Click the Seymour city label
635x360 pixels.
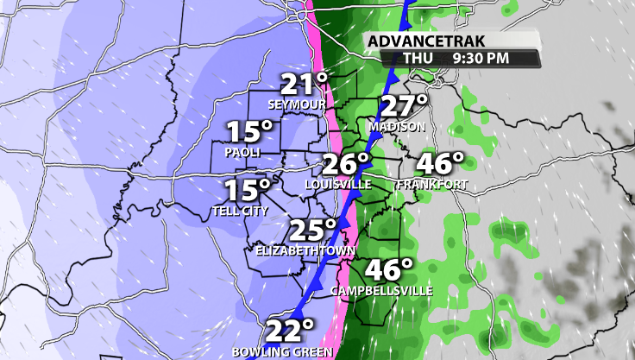click(x=297, y=104)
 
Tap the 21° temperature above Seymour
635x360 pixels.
click(x=304, y=85)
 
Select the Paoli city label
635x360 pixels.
click(x=242, y=152)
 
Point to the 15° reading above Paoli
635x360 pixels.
click(x=249, y=132)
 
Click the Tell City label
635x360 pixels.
click(x=240, y=211)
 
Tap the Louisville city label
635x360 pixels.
click(x=338, y=185)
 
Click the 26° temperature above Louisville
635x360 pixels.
click(x=346, y=163)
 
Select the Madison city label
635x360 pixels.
click(x=397, y=127)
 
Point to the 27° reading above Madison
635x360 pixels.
click(x=405, y=106)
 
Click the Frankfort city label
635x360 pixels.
click(x=432, y=185)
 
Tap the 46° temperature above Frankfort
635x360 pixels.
click(x=440, y=163)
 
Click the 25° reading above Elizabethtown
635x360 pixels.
click(x=311, y=230)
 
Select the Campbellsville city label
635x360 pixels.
click(x=382, y=291)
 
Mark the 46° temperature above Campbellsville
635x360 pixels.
click(x=390, y=270)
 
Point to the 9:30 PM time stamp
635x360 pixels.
click(x=481, y=59)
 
